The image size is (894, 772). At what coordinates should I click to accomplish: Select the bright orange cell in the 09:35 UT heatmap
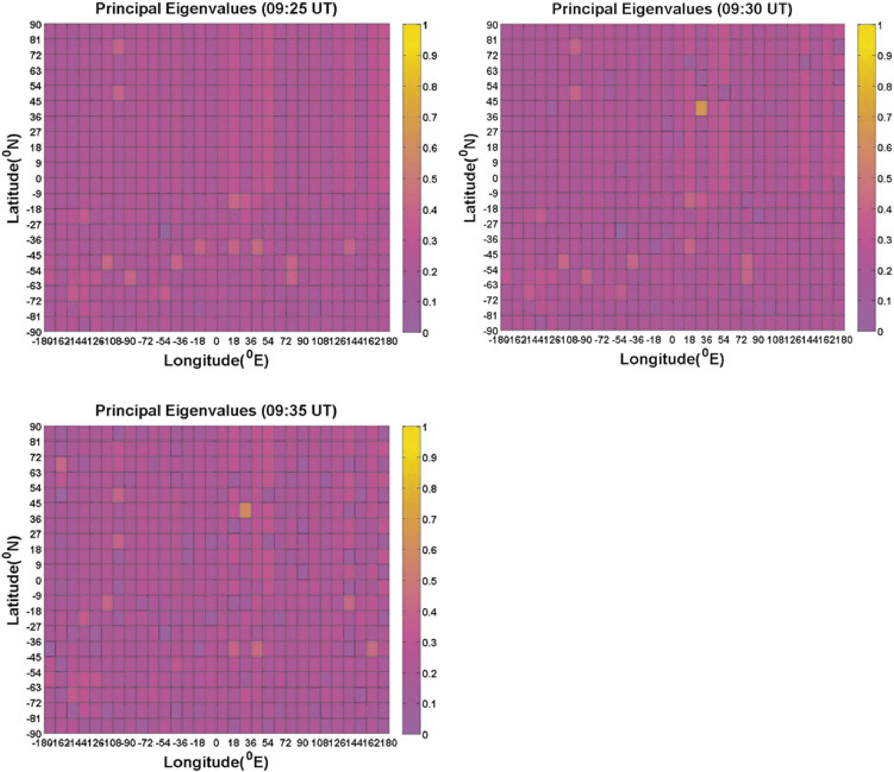245,511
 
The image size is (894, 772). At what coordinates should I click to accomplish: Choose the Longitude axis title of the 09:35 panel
216,762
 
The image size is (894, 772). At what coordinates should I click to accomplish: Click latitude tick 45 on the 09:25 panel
36,101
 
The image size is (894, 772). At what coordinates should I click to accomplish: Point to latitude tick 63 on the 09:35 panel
36,473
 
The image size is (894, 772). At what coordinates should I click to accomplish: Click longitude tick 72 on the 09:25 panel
286,342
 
